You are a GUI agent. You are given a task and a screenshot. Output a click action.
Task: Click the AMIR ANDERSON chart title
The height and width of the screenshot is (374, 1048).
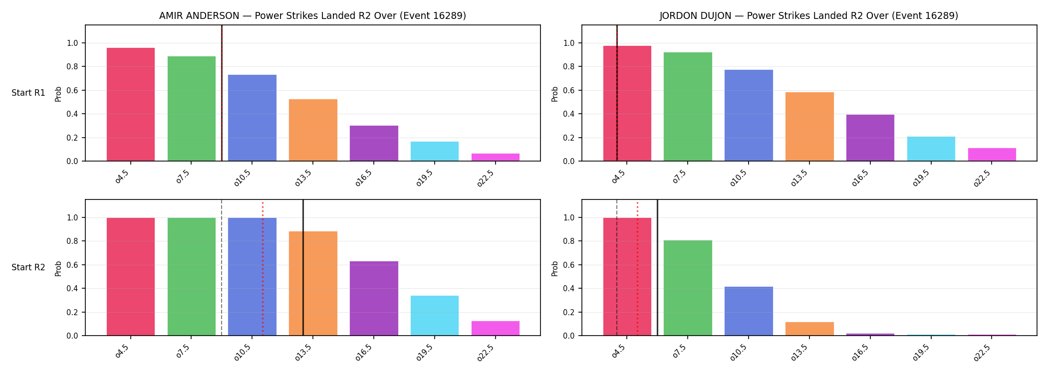tap(312, 15)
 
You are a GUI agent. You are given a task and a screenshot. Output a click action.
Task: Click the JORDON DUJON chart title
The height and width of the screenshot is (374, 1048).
tap(808, 15)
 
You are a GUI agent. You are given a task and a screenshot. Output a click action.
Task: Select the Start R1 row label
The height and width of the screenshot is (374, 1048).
tap(28, 93)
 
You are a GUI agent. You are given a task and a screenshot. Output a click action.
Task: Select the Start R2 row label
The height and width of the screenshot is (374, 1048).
tap(28, 267)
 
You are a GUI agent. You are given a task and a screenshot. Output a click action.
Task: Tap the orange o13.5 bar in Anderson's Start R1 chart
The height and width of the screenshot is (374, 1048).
tap(313, 130)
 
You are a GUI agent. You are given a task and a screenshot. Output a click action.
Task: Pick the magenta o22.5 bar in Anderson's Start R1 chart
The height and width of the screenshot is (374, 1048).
tap(496, 157)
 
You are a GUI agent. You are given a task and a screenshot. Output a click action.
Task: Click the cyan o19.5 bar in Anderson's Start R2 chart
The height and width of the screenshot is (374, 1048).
tap(435, 316)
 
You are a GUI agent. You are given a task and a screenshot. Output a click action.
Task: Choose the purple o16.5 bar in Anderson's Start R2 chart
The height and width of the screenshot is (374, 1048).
tap(374, 298)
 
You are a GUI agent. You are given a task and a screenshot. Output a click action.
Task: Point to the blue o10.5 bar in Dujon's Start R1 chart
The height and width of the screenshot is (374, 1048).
tap(749, 115)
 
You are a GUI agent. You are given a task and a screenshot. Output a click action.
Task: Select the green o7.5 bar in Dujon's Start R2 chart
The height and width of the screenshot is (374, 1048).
tap(688, 288)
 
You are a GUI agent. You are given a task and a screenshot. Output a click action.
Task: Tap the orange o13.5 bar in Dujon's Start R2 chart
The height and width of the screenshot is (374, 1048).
tap(809, 329)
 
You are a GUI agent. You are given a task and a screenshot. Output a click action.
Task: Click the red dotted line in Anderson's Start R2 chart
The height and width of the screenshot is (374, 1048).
tap(262, 269)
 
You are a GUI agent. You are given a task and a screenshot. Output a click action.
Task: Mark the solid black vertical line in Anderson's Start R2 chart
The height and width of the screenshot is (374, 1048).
tap(303, 267)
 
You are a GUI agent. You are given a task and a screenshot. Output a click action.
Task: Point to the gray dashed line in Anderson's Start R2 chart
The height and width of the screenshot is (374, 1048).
tap(222, 267)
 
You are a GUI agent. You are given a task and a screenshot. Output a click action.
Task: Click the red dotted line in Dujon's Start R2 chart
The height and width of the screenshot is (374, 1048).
tap(637, 269)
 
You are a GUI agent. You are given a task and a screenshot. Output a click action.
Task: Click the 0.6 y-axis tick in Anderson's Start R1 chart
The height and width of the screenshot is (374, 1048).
tap(72, 90)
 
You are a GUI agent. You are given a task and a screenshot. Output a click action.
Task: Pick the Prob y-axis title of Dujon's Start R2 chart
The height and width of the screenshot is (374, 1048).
tap(555, 268)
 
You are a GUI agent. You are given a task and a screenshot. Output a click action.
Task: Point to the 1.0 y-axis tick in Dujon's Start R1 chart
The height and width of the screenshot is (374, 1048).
tap(569, 43)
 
